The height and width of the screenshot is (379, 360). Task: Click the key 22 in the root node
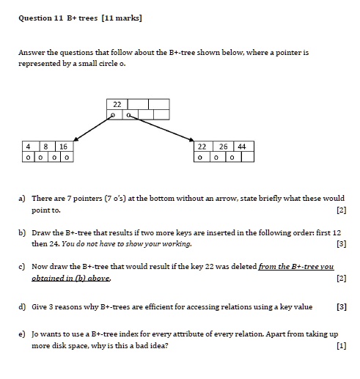117,103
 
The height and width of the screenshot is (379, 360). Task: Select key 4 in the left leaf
28,147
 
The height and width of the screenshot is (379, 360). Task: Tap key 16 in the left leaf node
63,147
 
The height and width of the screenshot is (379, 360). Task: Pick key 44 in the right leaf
243,147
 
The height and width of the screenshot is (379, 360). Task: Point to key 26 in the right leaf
223,147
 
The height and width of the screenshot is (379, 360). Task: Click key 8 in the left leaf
45,147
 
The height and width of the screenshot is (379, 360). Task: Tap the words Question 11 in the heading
40,17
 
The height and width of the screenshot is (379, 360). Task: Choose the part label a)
23,198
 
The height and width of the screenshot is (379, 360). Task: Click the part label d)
23,308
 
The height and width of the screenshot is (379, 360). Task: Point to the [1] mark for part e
339,347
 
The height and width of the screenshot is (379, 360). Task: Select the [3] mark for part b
339,243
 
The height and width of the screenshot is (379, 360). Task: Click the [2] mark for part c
339,279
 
